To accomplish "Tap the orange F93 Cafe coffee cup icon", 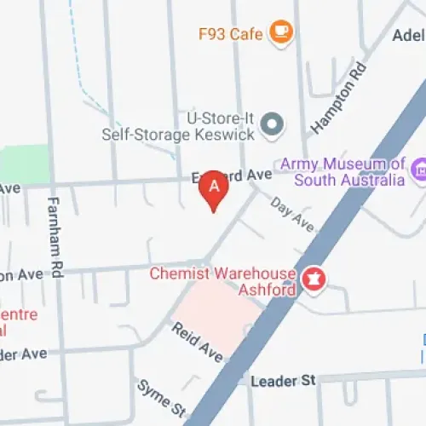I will pyautogui.click(x=280, y=32).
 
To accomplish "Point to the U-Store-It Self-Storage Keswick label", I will pyautogui.click(x=180, y=125).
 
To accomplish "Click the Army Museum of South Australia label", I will pyautogui.click(x=349, y=172).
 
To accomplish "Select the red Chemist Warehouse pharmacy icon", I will pyautogui.click(x=314, y=279).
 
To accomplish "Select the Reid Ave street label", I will pyautogui.click(x=197, y=340).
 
